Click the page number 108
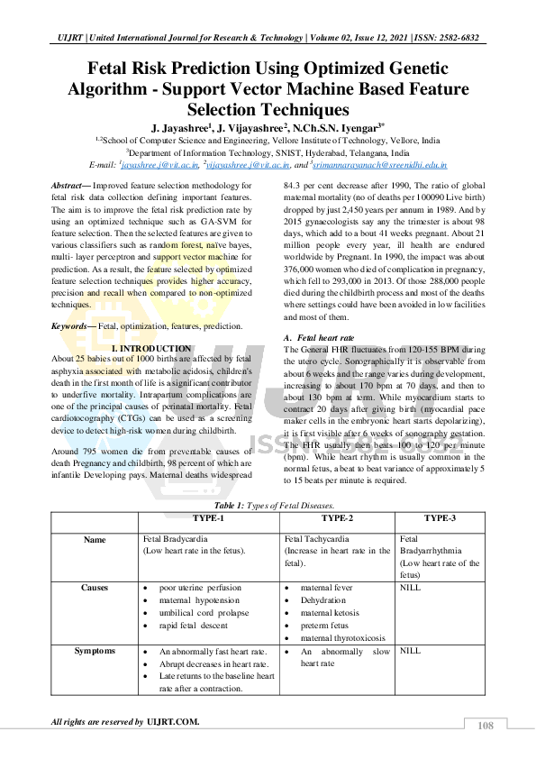pyautogui.click(x=486, y=726)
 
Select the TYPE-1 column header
pyautogui.click(x=207, y=518)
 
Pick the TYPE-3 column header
pyautogui.click(x=441, y=518)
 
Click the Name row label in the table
pyautogui.click(x=94, y=540)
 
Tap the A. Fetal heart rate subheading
pyautogui.click(x=318, y=337)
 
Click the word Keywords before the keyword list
pyautogui.click(x=70, y=325)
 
